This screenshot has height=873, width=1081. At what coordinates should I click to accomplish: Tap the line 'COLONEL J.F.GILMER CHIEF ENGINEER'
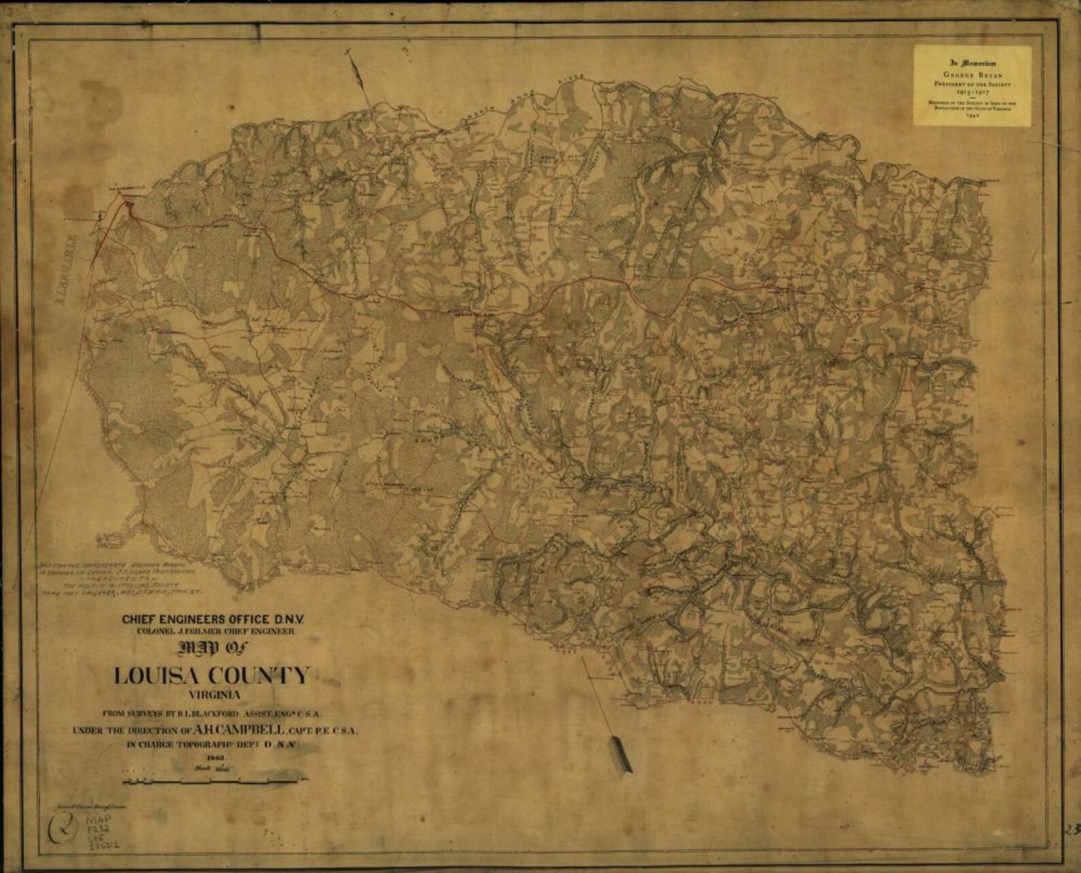(x=215, y=631)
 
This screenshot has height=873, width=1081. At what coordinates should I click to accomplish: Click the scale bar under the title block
(x=213, y=780)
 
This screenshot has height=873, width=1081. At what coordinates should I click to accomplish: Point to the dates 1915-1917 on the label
(x=971, y=90)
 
